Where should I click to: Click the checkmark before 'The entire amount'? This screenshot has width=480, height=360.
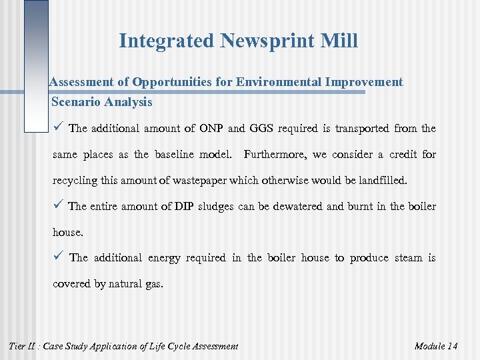[58, 206]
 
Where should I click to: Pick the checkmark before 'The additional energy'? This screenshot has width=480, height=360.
[58, 257]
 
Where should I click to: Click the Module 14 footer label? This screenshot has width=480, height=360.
[436, 346]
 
